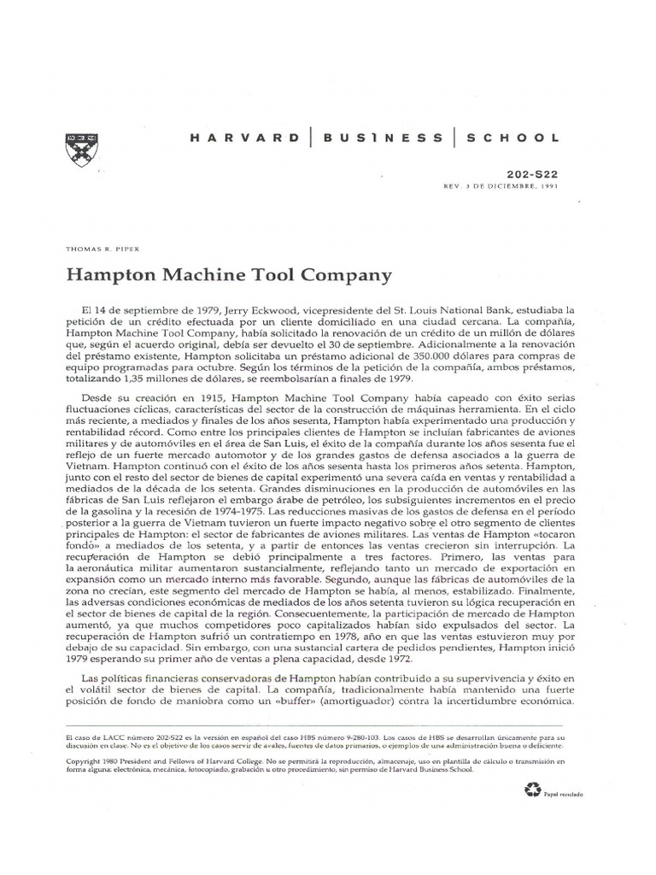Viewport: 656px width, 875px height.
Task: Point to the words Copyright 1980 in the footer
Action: tap(94, 760)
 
